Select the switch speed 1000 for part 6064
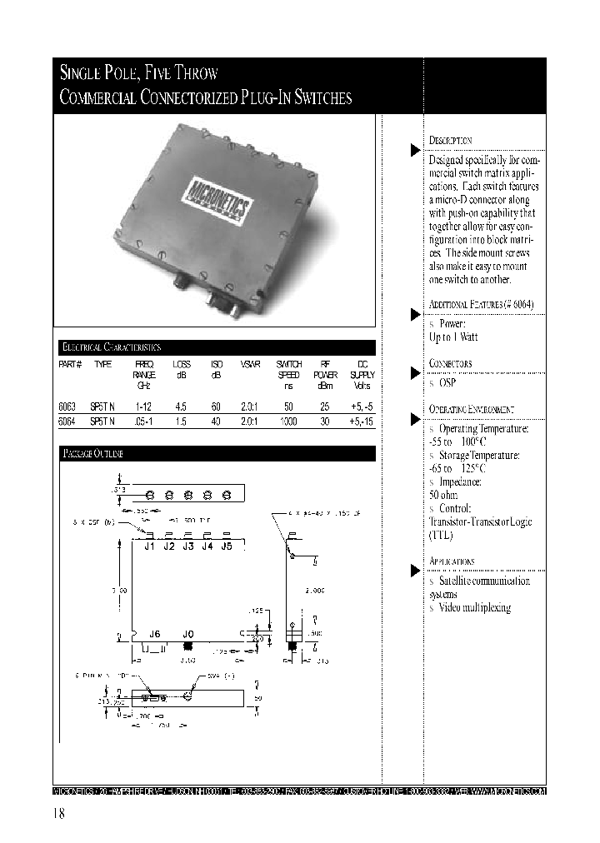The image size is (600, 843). coord(288,422)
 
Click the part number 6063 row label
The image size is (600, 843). coord(67,407)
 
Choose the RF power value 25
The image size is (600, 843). coord(325,407)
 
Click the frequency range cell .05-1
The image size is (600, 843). coord(143,422)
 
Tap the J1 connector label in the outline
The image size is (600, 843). coord(150,546)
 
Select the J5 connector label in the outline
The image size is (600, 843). coord(226,546)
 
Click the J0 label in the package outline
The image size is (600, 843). coord(187,632)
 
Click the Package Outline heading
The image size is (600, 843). coord(94,454)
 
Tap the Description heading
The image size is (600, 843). coord(451,141)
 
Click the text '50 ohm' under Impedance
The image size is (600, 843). coord(445,495)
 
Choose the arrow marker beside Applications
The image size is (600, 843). coord(414,571)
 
